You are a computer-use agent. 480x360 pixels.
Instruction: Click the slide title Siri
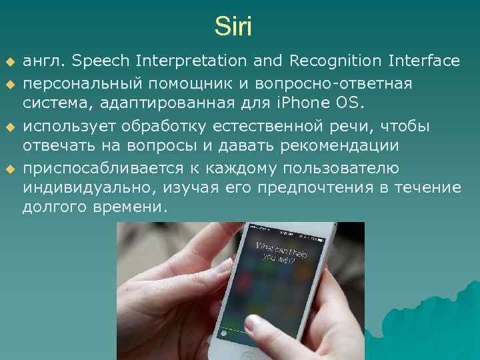click(233, 27)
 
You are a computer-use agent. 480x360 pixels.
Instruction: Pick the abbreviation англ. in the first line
click(45, 61)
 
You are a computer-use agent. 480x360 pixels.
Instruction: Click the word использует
click(69, 127)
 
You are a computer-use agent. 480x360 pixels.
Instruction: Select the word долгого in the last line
click(51, 208)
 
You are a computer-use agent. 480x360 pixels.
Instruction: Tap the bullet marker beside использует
click(9, 127)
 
